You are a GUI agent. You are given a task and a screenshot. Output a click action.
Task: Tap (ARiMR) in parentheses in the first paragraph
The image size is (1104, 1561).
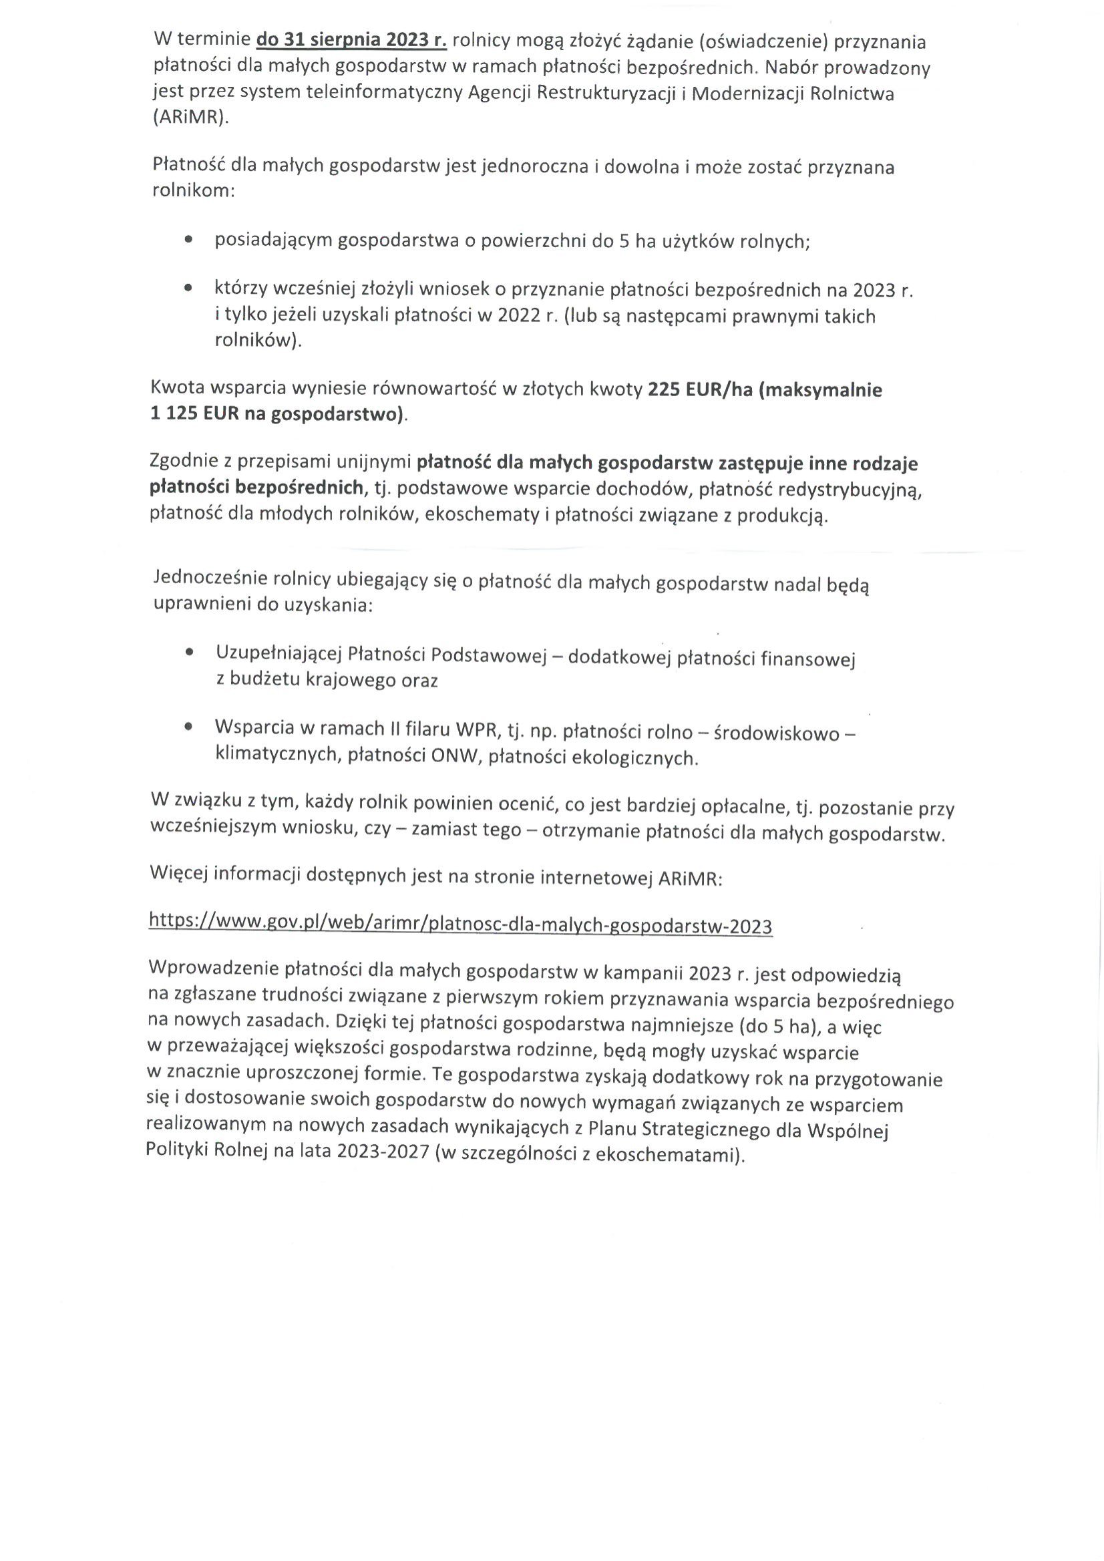coord(191,117)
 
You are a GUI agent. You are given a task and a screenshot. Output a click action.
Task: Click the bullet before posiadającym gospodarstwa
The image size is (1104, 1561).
coord(188,240)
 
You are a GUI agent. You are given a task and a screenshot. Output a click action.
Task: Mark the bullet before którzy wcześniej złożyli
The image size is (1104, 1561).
coord(188,289)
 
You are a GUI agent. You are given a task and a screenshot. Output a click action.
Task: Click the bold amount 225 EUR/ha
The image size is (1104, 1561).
coord(699,389)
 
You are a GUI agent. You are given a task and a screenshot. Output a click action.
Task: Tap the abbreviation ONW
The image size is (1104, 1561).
coord(453,757)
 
